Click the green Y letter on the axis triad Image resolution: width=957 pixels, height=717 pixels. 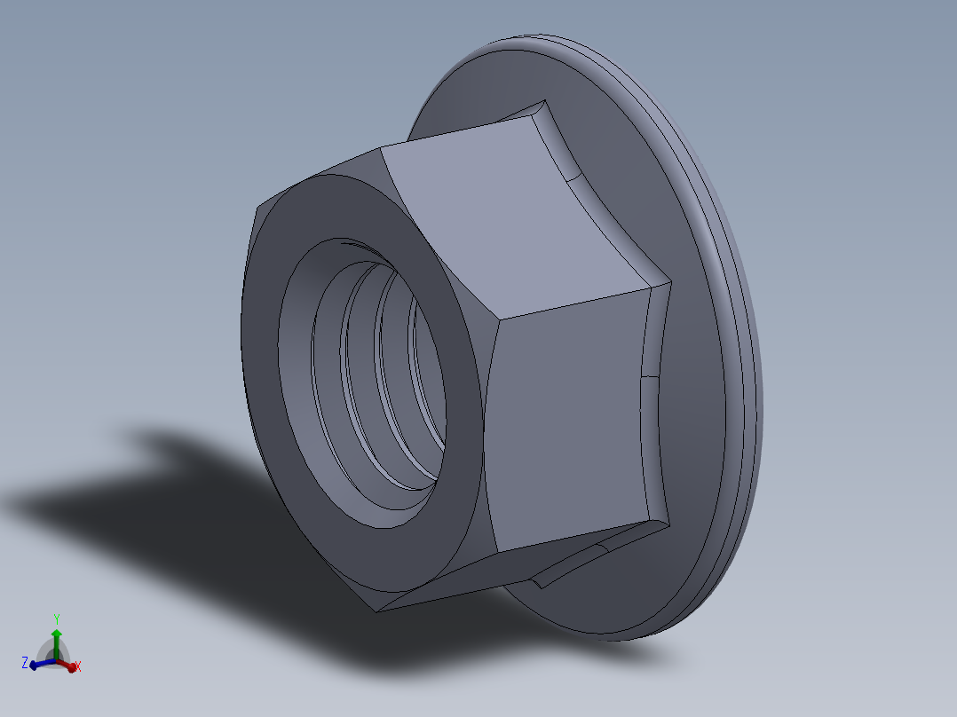pos(56,619)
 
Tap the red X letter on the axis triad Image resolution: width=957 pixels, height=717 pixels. pos(78,666)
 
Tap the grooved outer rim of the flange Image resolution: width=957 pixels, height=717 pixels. pos(728,266)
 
